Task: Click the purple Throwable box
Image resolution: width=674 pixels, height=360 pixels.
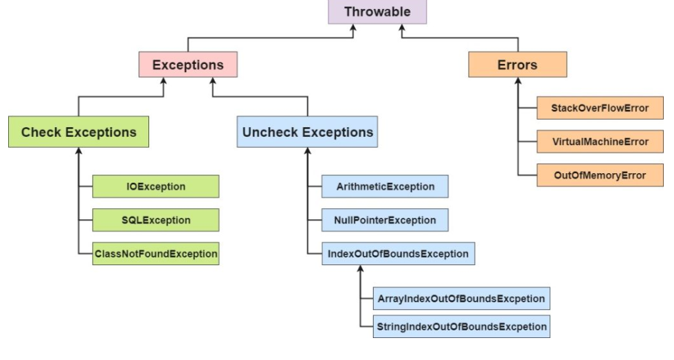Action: click(377, 12)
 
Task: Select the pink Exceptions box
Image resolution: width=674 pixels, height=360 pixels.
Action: click(188, 65)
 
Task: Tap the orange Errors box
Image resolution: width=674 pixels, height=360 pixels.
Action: click(517, 65)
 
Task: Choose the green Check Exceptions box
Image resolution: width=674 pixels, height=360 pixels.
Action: click(78, 132)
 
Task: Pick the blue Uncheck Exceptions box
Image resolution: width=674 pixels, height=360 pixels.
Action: click(308, 132)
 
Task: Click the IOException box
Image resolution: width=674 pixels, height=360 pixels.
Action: click(155, 186)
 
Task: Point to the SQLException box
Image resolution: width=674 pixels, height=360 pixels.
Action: click(155, 220)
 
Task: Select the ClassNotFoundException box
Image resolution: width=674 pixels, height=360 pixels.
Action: click(155, 254)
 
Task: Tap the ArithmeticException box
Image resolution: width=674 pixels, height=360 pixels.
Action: click(385, 186)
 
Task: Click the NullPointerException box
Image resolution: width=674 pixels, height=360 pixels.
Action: click(385, 220)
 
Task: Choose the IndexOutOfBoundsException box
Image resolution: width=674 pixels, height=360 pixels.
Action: click(398, 254)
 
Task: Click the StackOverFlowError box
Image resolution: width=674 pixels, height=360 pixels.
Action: click(600, 108)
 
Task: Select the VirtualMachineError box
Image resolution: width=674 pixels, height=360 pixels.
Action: click(600, 142)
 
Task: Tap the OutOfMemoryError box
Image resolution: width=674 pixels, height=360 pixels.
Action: click(600, 175)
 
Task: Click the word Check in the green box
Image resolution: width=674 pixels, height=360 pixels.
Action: click(41, 132)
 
